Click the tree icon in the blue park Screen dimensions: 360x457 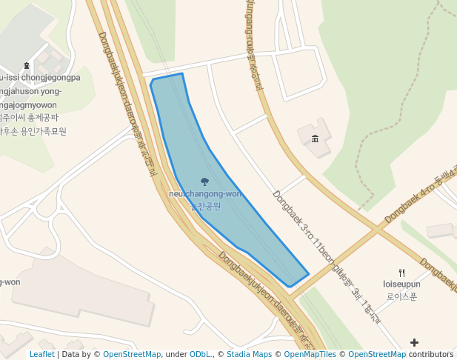[204, 181]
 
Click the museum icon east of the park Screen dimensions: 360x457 [316, 139]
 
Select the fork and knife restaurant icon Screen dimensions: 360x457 [401, 273]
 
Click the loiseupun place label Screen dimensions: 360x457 [401, 284]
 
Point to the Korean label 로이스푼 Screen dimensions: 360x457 [401, 296]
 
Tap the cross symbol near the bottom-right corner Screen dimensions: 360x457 [414, 342]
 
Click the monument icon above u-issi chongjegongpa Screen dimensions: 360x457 [27, 66]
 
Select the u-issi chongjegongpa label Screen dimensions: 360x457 [40, 78]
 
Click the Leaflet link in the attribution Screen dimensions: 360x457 [41, 354]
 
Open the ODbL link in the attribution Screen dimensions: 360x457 [201, 354]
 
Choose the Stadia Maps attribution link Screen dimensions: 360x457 [252, 354]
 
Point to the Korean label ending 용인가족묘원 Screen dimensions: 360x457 [33, 131]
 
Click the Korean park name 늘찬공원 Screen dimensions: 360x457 [205, 206]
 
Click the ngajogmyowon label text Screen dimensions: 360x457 [30, 104]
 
